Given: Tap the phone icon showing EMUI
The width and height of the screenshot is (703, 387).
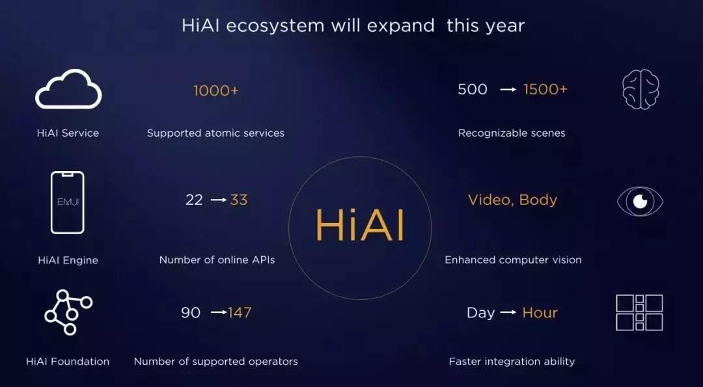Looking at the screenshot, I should tap(68, 202).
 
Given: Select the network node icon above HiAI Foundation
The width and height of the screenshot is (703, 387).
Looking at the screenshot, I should tap(68, 312).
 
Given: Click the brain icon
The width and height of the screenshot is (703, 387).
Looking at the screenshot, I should tap(641, 90).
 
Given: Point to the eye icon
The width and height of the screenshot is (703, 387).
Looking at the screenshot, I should tap(640, 201).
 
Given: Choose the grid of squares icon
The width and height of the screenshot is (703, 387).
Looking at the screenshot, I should tap(639, 312).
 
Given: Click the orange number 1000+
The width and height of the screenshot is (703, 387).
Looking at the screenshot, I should tap(216, 90).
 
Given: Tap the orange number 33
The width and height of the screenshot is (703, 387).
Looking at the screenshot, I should tap(239, 200).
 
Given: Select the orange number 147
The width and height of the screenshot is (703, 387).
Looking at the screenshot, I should tap(240, 312).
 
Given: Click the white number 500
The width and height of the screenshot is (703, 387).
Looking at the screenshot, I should tap(473, 89).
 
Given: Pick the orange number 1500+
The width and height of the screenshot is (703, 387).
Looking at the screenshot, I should tap(545, 89).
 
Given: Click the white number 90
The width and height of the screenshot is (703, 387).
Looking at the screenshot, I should tap(191, 312).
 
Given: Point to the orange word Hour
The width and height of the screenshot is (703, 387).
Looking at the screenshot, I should tap(540, 313).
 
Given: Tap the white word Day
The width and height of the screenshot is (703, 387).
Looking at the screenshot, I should tap(481, 313).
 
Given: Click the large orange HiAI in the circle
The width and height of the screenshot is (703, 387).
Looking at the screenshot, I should tap(359, 226).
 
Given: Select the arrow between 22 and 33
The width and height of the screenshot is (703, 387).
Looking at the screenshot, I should tap(218, 200).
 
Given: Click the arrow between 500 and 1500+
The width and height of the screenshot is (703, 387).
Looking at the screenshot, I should tap(508, 90).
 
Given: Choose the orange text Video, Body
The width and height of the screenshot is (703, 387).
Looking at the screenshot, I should tap(512, 200).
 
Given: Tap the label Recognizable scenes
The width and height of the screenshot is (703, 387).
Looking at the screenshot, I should tap(512, 133).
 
